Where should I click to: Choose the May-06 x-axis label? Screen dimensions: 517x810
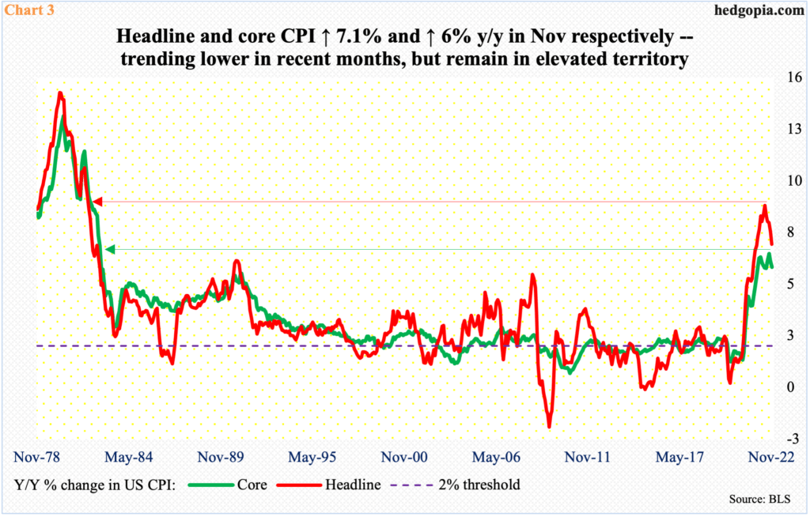(494, 457)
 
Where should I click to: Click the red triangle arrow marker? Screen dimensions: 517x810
(98, 202)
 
